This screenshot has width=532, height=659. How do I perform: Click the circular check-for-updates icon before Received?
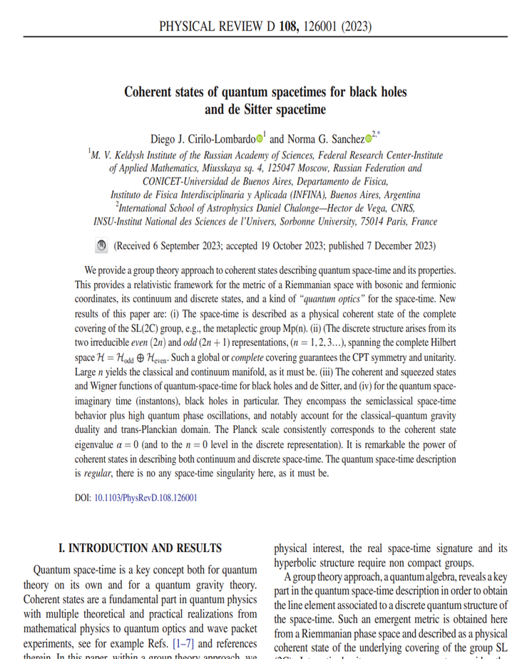[101, 245]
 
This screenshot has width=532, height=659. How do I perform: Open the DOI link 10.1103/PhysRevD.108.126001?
[145, 498]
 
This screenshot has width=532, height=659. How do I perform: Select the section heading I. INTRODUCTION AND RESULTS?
[140, 548]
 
